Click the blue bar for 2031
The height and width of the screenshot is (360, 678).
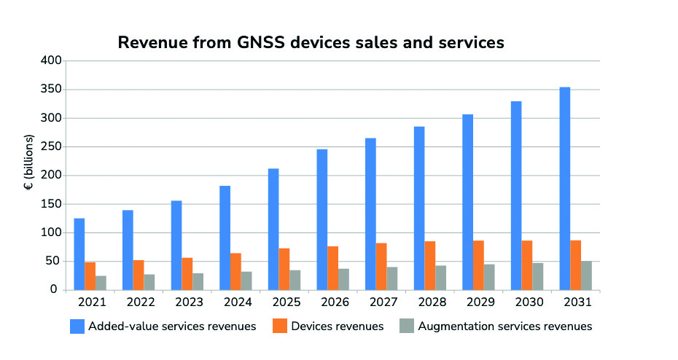point(565,189)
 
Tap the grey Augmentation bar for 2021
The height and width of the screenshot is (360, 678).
point(101,283)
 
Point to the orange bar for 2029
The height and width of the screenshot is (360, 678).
point(478,265)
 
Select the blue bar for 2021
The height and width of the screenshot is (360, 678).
point(79,254)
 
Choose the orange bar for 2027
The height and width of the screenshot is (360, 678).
point(381,267)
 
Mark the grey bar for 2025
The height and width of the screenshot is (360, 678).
point(295,280)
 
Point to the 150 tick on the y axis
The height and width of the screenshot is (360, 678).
point(47,204)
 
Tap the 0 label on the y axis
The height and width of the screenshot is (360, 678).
point(53,290)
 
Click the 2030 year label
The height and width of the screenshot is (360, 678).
point(527,302)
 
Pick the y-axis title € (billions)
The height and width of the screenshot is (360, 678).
point(28,162)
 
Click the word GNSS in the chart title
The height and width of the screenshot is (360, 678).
point(258,43)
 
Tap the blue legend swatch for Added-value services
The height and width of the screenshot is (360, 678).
point(77,326)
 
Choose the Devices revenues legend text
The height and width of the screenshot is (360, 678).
point(338,326)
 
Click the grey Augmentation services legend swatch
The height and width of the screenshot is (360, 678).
point(407,326)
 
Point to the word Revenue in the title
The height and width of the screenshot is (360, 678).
point(150,43)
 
